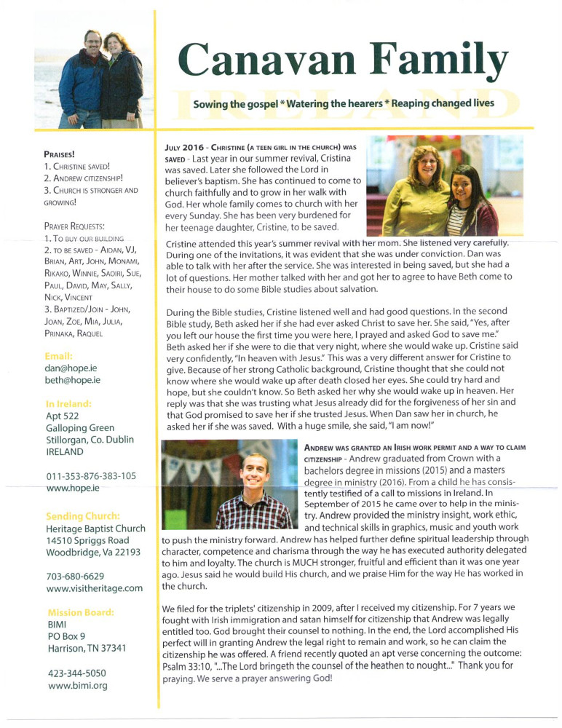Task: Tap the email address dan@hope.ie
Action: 73,369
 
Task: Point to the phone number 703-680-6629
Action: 77,576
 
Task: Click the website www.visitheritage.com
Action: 94,587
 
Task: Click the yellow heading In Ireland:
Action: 69,404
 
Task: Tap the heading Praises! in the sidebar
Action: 60,154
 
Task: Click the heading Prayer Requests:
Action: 74,226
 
